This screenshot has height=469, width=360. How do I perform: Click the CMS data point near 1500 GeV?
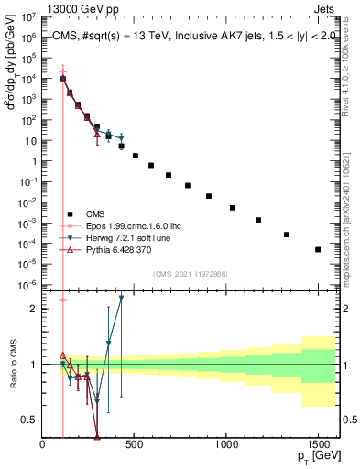318,249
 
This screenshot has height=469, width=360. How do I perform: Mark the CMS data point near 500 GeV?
136,156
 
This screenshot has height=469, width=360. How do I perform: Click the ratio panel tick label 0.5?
29,420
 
